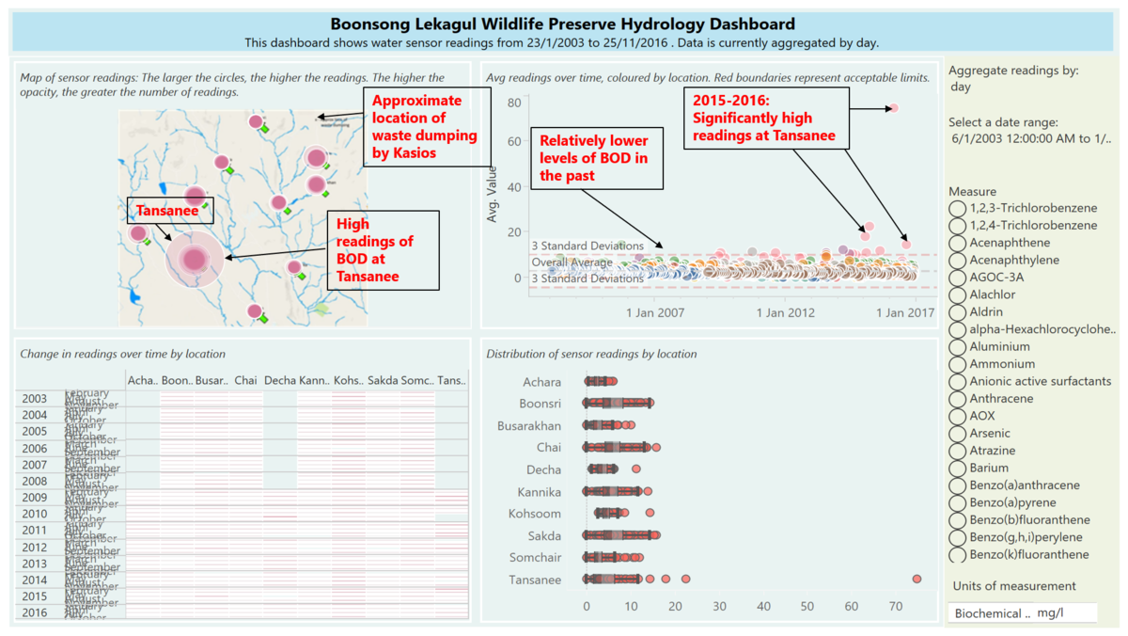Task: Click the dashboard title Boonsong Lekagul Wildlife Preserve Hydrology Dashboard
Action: click(562, 24)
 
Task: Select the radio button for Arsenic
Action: click(958, 434)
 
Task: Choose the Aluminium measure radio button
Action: click(958, 347)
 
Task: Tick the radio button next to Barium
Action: click(958, 469)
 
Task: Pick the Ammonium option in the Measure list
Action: click(958, 364)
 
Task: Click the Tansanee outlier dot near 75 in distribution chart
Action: click(916, 580)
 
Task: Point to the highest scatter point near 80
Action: click(893, 108)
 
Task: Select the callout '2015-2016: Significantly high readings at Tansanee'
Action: click(764, 118)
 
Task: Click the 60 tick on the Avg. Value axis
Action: click(514, 141)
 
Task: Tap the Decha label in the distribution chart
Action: click(543, 469)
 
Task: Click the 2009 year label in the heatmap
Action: click(34, 498)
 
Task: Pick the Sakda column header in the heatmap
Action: click(383, 380)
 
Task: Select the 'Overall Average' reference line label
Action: click(572, 262)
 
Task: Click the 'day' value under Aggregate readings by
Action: click(961, 87)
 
